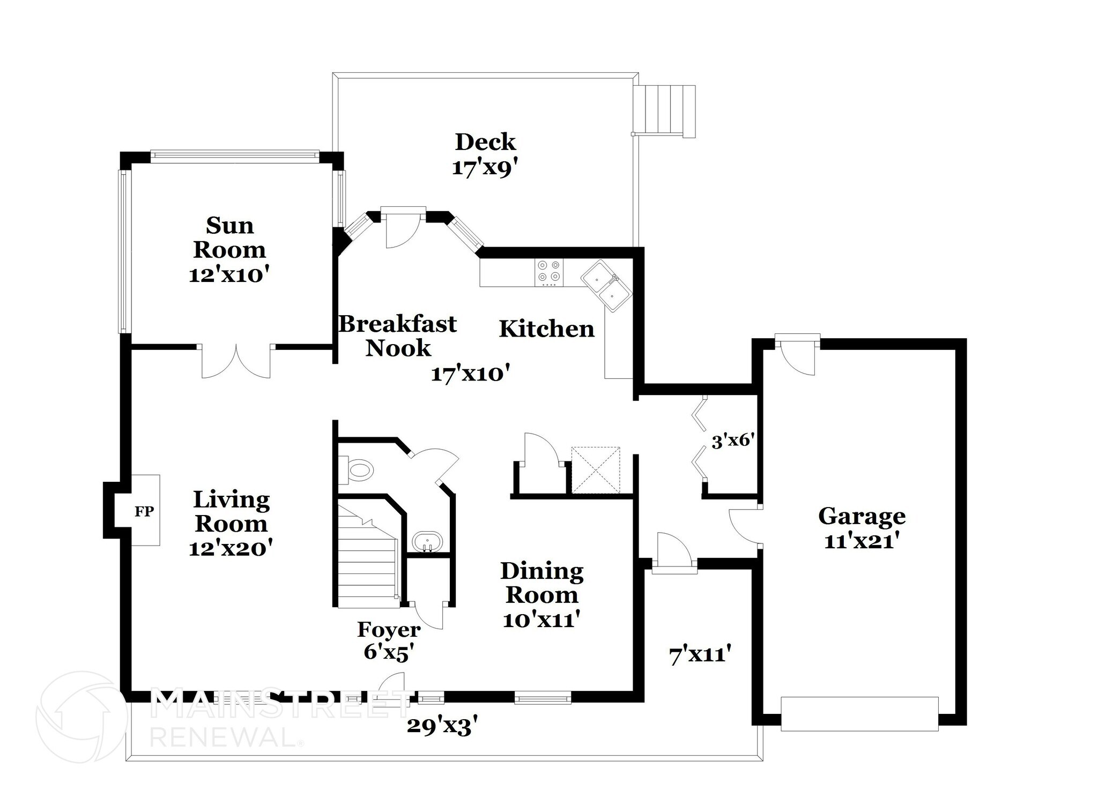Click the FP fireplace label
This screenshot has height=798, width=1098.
(x=144, y=511)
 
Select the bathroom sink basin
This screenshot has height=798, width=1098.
(x=427, y=541)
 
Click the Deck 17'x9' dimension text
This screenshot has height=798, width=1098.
(x=485, y=168)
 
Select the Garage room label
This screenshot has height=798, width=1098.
(x=862, y=516)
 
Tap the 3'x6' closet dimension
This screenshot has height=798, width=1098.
(x=732, y=441)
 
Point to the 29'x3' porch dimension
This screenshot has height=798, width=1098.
(x=442, y=726)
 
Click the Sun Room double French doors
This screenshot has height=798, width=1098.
(x=236, y=361)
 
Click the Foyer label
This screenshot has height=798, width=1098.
(x=389, y=629)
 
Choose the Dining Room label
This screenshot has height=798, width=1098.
(x=541, y=583)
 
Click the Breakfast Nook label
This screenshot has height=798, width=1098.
(x=398, y=335)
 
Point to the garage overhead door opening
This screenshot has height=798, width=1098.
(x=859, y=713)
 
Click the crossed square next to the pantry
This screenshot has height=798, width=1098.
(x=595, y=470)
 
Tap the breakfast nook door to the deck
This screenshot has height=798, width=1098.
(x=403, y=228)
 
